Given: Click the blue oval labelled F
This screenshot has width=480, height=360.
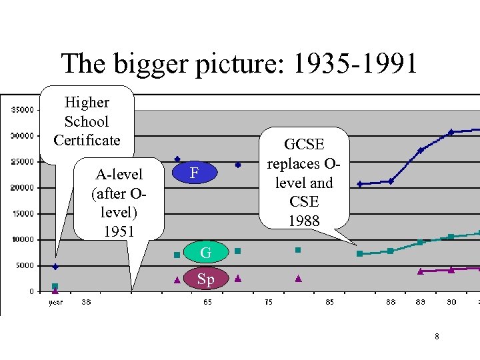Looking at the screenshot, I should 193,173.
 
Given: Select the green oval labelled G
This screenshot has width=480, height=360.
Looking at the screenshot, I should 206,253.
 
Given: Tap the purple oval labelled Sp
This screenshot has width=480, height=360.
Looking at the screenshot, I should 206,279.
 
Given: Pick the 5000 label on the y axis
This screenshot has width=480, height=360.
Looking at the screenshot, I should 25,265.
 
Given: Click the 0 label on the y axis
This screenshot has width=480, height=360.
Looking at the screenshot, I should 31,291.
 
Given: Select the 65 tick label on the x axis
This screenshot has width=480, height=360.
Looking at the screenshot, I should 208,302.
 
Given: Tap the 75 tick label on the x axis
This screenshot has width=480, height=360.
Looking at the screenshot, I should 268,302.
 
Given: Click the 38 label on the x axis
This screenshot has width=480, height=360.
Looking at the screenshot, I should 87,302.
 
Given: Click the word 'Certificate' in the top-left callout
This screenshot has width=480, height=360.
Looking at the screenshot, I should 87,140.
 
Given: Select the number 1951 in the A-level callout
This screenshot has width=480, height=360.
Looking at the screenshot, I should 119,231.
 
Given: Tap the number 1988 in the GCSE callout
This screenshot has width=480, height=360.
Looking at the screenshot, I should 303,220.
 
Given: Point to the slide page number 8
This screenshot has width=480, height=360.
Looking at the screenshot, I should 437,337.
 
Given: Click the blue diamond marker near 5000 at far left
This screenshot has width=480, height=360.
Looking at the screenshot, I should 55,267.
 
